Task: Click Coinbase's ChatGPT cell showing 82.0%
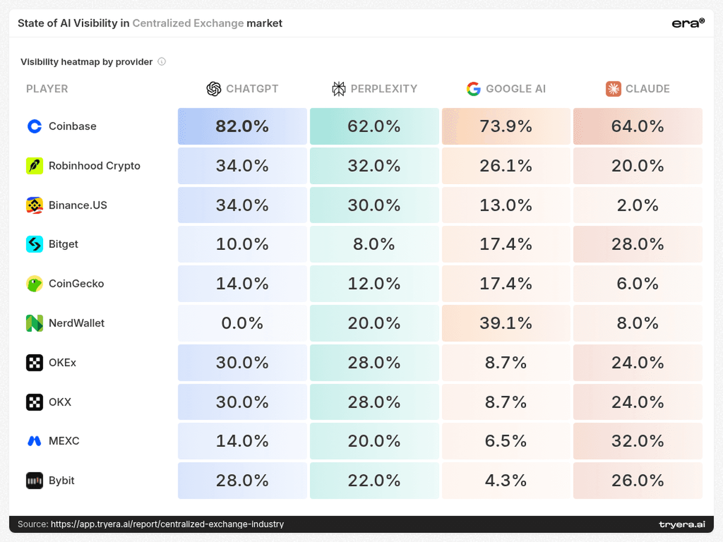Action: [242, 126]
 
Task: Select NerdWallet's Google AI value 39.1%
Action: [506, 323]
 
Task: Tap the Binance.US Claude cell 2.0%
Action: [638, 205]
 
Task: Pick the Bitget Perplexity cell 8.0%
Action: [374, 244]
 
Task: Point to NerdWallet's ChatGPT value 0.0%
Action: [242, 323]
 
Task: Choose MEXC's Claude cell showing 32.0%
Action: [638, 441]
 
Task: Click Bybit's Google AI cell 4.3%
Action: [506, 480]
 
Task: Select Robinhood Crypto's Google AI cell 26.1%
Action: [506, 166]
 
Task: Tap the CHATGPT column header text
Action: [252, 89]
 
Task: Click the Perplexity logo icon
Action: [338, 89]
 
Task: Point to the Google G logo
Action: [473, 89]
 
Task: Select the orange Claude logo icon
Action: [614, 89]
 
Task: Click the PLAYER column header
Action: [47, 89]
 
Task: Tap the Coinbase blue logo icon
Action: [35, 126]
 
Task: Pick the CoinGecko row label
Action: [76, 284]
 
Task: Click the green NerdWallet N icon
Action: [35, 323]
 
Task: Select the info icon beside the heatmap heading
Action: [162, 62]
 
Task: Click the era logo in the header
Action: [688, 23]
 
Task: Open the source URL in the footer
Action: [167, 524]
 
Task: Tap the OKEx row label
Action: [62, 363]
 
